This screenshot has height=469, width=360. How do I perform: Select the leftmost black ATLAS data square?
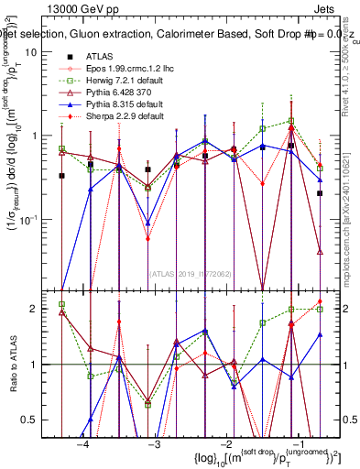(x=61, y=176)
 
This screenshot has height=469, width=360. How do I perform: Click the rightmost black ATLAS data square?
(x=320, y=193)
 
